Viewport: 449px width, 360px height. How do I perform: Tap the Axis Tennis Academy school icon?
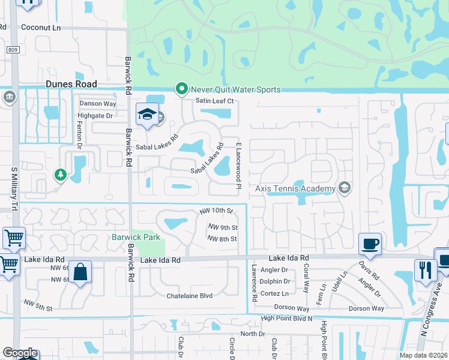344,188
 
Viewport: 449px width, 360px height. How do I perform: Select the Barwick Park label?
136,237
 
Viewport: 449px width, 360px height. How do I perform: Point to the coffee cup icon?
370,244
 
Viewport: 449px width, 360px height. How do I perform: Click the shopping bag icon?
80,271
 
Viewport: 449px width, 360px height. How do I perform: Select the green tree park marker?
60,175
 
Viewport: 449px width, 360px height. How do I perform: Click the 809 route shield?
14,50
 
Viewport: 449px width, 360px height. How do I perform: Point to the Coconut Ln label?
41,27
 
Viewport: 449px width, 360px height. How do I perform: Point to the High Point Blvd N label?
286,318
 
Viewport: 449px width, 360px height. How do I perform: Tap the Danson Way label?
98,103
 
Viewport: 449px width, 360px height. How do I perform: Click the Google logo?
20,353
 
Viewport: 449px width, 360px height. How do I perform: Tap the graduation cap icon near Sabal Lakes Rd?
146,115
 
